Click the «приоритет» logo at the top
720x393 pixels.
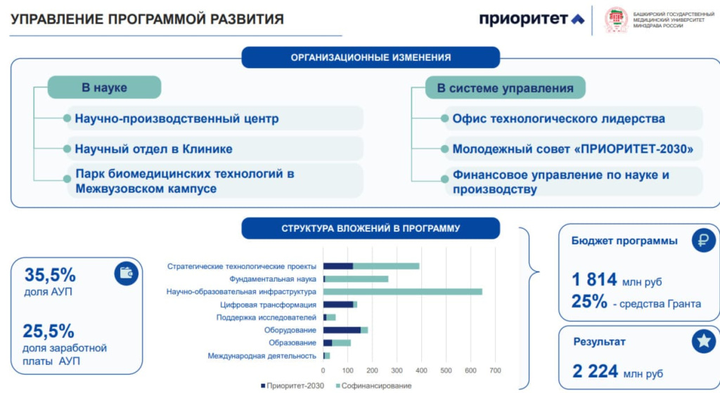coord(532,19)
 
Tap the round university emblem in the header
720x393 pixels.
coord(617,20)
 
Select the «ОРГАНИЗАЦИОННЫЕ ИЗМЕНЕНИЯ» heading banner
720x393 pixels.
coord(371,57)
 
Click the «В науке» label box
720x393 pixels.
coord(104,87)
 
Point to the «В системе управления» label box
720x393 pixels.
coord(505,88)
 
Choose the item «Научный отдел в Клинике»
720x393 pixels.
coord(153,149)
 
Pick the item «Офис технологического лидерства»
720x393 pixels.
coord(558,118)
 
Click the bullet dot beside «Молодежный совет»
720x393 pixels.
coord(446,149)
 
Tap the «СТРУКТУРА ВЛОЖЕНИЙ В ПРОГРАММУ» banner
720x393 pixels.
coord(371,228)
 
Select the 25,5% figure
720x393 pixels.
coord(49,331)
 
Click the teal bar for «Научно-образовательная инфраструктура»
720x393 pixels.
coord(402,292)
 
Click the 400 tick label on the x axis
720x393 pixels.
coord(421,370)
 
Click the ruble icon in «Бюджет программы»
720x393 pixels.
coord(702,241)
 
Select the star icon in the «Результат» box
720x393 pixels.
coord(702,342)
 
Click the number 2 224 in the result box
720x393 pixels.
coord(595,371)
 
